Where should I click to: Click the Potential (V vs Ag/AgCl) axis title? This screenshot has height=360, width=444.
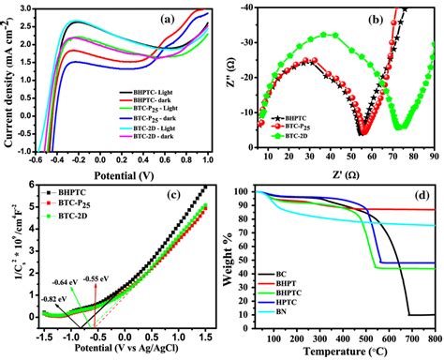(x=119, y=352)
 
